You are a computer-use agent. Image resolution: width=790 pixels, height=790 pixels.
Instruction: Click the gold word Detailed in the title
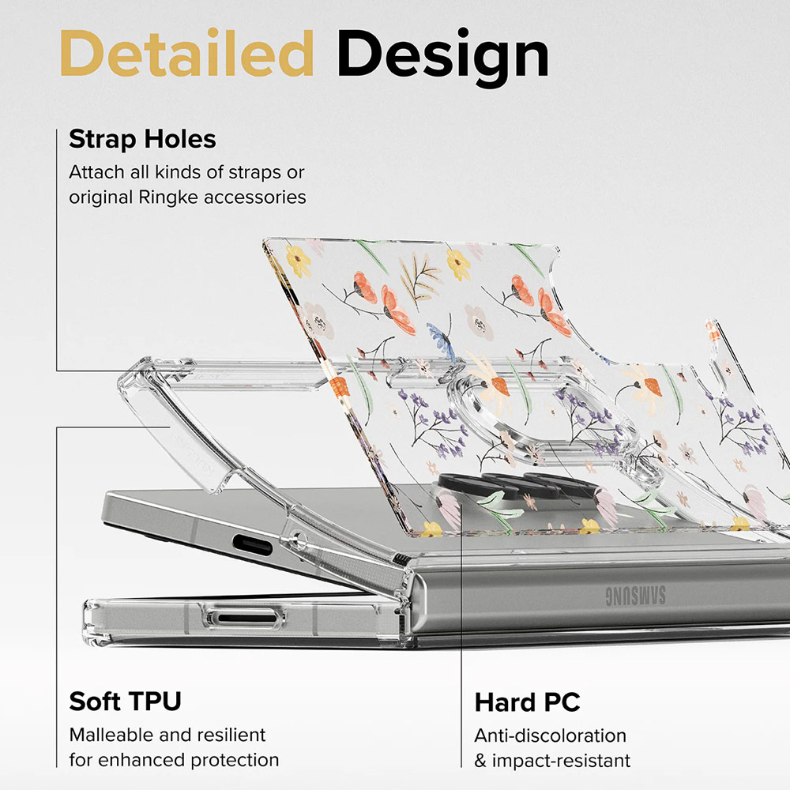tap(186, 55)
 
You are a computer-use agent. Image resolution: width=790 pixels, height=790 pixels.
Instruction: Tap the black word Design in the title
tap(442, 55)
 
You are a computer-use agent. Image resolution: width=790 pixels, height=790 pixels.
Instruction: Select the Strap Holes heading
tap(142, 139)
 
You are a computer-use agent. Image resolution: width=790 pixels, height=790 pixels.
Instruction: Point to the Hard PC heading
tap(527, 702)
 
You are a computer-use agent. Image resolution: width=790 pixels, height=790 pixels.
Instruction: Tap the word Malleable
tap(111, 735)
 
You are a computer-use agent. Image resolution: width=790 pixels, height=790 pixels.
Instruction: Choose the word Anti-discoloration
tap(550, 735)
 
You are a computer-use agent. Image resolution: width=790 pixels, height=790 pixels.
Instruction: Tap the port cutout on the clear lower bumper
tap(229, 618)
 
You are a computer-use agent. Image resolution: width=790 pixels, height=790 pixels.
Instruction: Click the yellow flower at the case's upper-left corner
tap(297, 260)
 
